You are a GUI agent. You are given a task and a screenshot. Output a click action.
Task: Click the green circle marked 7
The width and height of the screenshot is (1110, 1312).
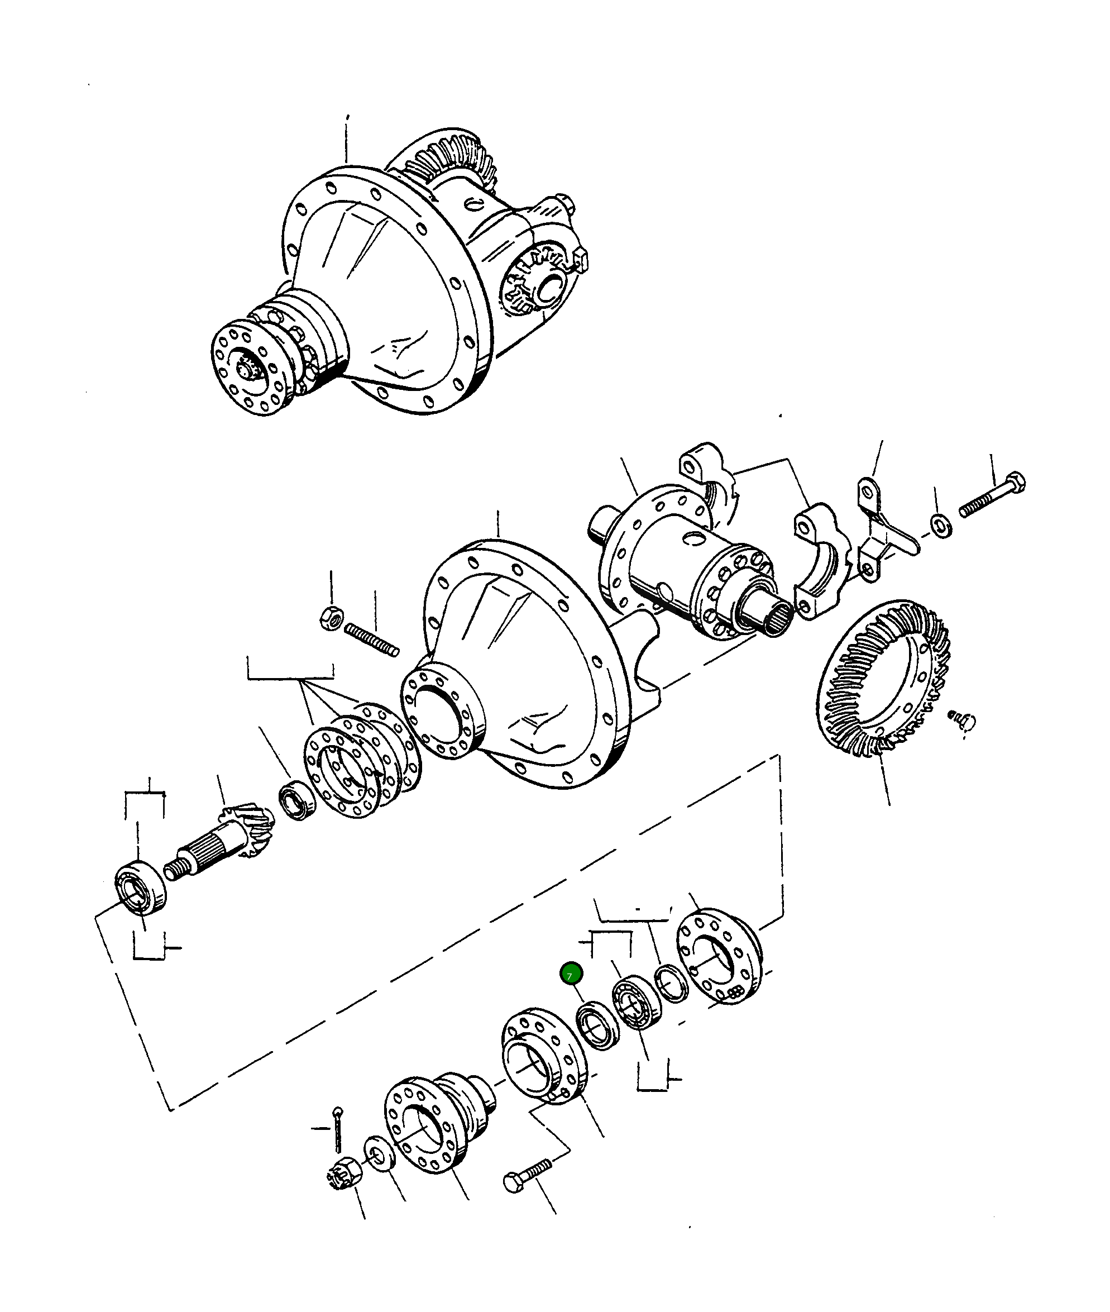click(571, 975)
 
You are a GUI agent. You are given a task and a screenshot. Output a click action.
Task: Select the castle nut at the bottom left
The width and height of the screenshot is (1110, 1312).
click(343, 1173)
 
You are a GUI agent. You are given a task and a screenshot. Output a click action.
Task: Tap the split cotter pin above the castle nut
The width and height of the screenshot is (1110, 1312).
click(338, 1129)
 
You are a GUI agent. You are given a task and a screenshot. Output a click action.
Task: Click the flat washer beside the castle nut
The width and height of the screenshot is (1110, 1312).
click(380, 1153)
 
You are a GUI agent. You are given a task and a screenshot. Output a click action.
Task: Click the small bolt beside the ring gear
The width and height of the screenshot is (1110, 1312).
click(962, 719)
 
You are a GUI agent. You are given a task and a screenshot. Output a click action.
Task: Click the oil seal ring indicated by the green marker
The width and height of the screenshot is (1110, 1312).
click(598, 1027)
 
